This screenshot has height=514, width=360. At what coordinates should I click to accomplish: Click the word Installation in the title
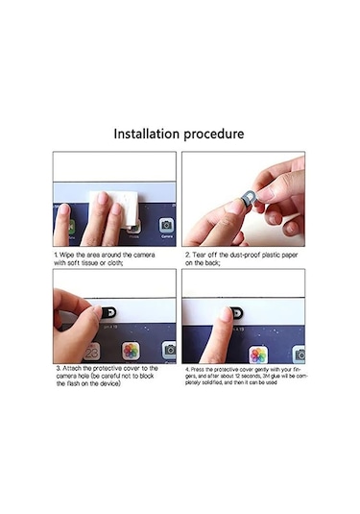coord(146,134)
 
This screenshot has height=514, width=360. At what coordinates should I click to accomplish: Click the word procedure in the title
coord(215,134)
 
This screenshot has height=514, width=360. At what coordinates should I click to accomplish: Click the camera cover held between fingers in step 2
coord(247,198)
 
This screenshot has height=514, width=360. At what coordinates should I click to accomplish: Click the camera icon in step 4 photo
coord(299,354)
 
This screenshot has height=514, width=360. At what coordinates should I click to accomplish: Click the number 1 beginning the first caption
coord(56,256)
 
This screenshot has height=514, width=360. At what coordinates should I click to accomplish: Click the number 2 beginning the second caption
coord(185,256)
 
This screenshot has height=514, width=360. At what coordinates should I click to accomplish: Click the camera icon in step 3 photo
coord(169,351)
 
